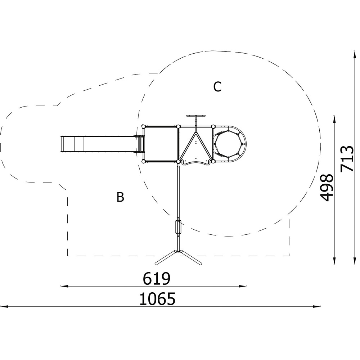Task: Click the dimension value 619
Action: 157,279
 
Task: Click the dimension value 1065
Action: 158,299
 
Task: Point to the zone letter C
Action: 217,87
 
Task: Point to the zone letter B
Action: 120,197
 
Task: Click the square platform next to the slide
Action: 161,144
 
